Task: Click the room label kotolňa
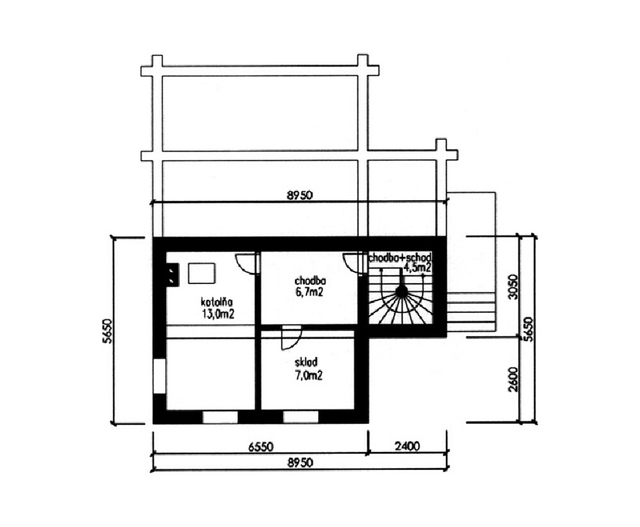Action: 216,303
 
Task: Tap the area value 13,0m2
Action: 218,314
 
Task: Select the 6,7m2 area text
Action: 309,292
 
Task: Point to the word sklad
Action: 306,362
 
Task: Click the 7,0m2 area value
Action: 308,375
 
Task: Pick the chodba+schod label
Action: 400,258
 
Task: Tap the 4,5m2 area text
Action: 417,267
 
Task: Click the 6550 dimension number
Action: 261,446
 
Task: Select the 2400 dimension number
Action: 407,446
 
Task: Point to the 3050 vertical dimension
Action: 513,287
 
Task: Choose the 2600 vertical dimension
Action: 513,379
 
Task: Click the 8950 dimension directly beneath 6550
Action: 300,463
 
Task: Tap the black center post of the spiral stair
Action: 402,291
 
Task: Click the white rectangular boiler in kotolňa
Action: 202,273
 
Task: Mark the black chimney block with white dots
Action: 173,273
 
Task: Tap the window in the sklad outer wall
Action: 301,417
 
